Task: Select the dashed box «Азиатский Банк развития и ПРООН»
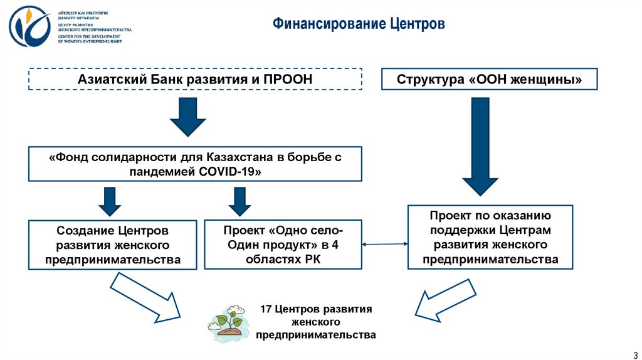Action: coord(195,80)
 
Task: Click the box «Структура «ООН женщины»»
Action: coord(490,80)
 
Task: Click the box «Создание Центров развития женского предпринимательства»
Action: coord(113,245)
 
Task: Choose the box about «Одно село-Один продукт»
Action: coord(283,245)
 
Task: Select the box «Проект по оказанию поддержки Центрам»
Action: coord(490,236)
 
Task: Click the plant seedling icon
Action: coord(230,320)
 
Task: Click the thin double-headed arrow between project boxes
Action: coord(385,245)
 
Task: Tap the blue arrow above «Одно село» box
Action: coord(239,201)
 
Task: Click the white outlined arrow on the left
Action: coord(145,299)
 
